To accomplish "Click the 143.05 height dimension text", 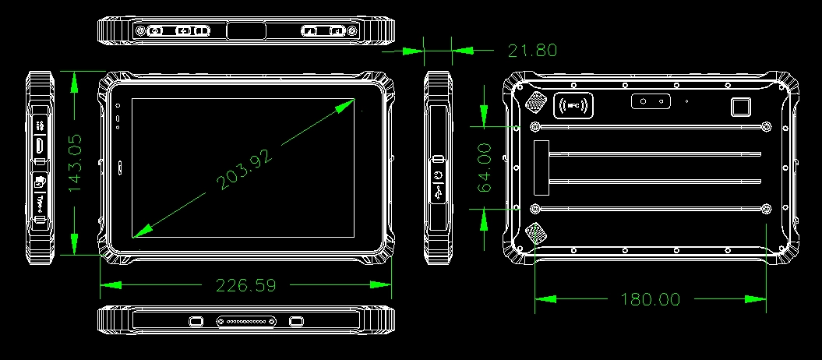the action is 75,162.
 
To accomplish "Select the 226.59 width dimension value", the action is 246,285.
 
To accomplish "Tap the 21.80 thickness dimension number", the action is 532,51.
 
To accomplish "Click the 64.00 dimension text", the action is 483,168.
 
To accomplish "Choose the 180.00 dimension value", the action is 651,299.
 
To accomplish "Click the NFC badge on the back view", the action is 573,105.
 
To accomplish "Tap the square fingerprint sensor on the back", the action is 741,107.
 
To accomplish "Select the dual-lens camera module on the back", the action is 651,101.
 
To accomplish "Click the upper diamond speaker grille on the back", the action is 534,102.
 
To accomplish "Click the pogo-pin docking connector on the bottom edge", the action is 246,321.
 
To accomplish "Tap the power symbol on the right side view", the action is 439,175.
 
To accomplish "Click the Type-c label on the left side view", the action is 40,201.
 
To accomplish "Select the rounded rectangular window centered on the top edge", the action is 246,30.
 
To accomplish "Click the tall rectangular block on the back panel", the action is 542,168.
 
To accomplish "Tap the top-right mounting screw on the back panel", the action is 767,126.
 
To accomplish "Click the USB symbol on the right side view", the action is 439,192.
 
